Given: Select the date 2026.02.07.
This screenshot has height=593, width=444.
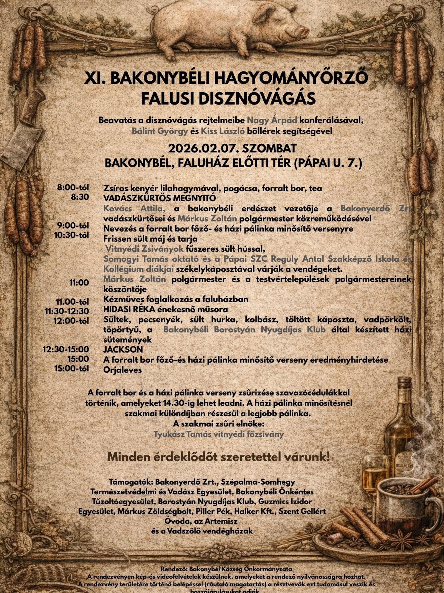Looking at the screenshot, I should (203, 148).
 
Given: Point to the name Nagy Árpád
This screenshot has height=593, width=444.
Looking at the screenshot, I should (272, 120).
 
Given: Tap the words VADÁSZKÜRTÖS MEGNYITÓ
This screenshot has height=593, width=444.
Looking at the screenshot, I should (159, 198).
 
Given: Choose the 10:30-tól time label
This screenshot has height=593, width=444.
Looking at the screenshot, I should (72, 235).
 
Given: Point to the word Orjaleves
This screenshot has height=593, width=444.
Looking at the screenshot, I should (122, 370).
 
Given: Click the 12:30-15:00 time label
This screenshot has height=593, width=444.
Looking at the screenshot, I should (66, 349).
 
